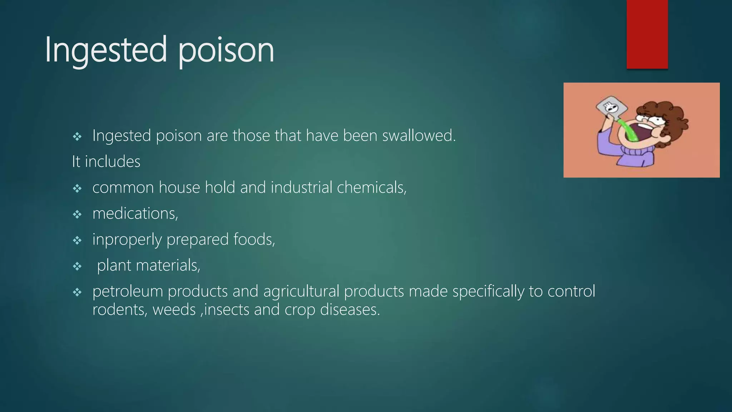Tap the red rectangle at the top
point(647,34)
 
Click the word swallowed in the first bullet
point(419,136)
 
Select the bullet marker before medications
point(77,215)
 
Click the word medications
point(135,214)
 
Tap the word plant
point(114,266)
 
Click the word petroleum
point(128,291)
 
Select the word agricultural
point(301,291)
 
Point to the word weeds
point(174,310)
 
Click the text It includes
point(106,162)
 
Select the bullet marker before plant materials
point(77,266)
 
